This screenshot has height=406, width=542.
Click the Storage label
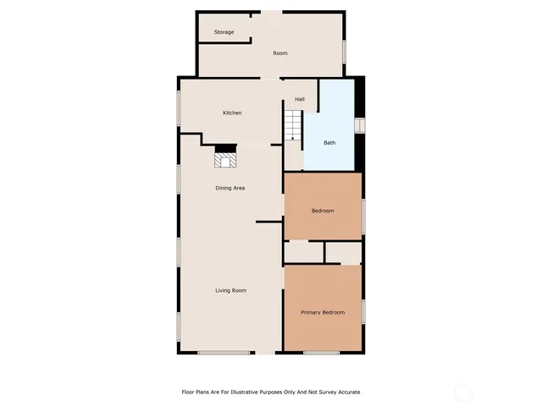click(x=224, y=32)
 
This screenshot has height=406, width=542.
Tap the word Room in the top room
click(x=279, y=53)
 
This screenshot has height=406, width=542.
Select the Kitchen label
click(x=232, y=112)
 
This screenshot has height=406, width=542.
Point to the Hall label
click(x=299, y=99)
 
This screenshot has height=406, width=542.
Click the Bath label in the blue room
click(x=329, y=142)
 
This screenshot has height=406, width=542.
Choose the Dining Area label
click(x=230, y=188)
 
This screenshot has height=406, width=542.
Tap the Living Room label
click(x=230, y=290)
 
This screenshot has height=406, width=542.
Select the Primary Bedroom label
click(x=323, y=312)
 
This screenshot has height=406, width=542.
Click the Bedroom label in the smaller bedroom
click(x=323, y=211)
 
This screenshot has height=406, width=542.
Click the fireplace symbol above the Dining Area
click(x=226, y=157)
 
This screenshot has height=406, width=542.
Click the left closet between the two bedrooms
click(x=303, y=252)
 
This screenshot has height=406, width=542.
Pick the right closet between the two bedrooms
click(x=344, y=252)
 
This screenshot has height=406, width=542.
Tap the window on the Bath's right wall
click(x=359, y=125)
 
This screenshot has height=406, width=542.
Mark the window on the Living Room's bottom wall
click(x=224, y=353)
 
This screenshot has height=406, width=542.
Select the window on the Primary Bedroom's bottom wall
click(x=321, y=353)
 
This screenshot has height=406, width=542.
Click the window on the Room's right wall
click(x=344, y=51)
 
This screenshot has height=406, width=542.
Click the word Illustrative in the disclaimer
click(x=265, y=392)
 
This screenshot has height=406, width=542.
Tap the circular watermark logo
click(x=463, y=392)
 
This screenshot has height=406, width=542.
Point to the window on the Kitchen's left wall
click(x=179, y=108)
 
